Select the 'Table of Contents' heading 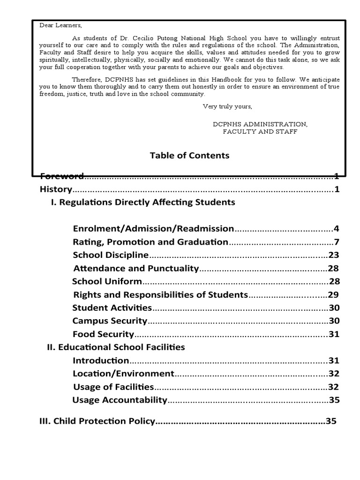[189, 155]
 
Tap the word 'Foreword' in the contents [62, 176]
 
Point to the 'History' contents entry [56, 189]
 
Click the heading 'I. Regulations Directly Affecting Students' [143, 202]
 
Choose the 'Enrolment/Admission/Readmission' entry [153, 229]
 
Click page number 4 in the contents [336, 229]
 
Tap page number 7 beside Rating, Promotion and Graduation [336, 242]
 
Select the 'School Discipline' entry [111, 255]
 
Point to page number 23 [333, 255]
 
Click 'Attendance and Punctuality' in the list [136, 269]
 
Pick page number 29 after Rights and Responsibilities [333, 295]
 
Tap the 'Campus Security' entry [110, 321]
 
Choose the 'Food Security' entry [104, 334]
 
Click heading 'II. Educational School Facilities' [116, 347]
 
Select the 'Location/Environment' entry [124, 374]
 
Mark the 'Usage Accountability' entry [120, 400]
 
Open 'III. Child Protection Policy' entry [97, 421]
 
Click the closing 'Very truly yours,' [227, 106]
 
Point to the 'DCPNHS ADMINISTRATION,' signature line [260, 124]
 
